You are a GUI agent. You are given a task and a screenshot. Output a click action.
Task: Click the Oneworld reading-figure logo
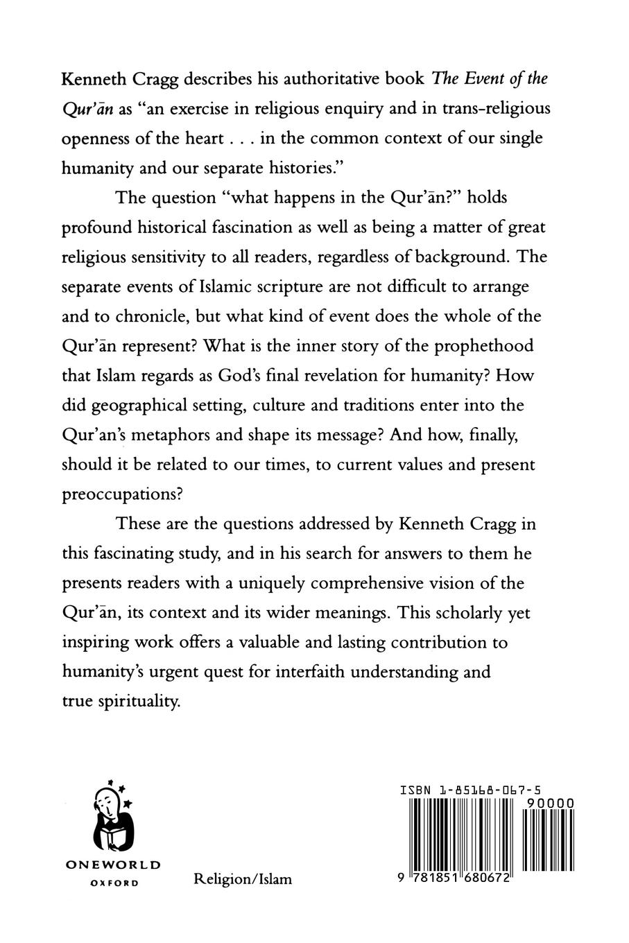(x=112, y=819)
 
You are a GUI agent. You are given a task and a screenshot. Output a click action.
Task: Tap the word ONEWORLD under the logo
(x=112, y=865)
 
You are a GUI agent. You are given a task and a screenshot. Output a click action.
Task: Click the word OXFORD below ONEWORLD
(x=114, y=883)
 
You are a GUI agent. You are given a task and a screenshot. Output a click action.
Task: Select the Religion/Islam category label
(x=243, y=879)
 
